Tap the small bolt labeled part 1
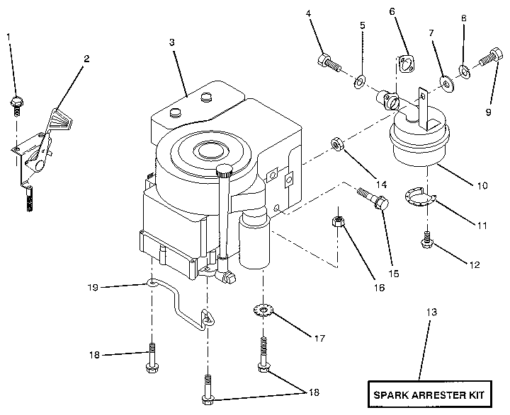click(x=16, y=102)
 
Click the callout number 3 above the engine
click(x=171, y=43)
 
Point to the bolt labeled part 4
click(x=330, y=64)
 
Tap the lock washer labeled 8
click(x=465, y=71)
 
